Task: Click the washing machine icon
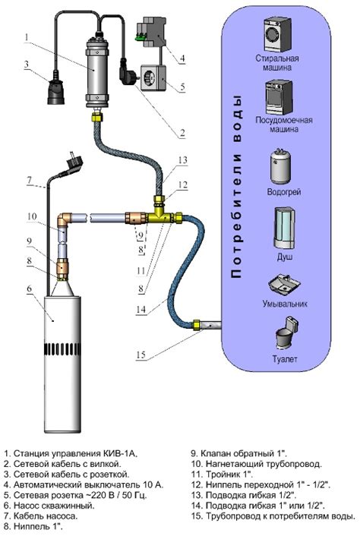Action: point(277,34)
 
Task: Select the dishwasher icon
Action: point(279,98)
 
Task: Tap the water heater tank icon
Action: point(281,167)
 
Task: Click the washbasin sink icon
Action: point(284,284)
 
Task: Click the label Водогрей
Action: point(284,192)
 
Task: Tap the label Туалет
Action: point(285,359)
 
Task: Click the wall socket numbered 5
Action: point(153,79)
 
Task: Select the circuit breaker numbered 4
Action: point(151,33)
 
